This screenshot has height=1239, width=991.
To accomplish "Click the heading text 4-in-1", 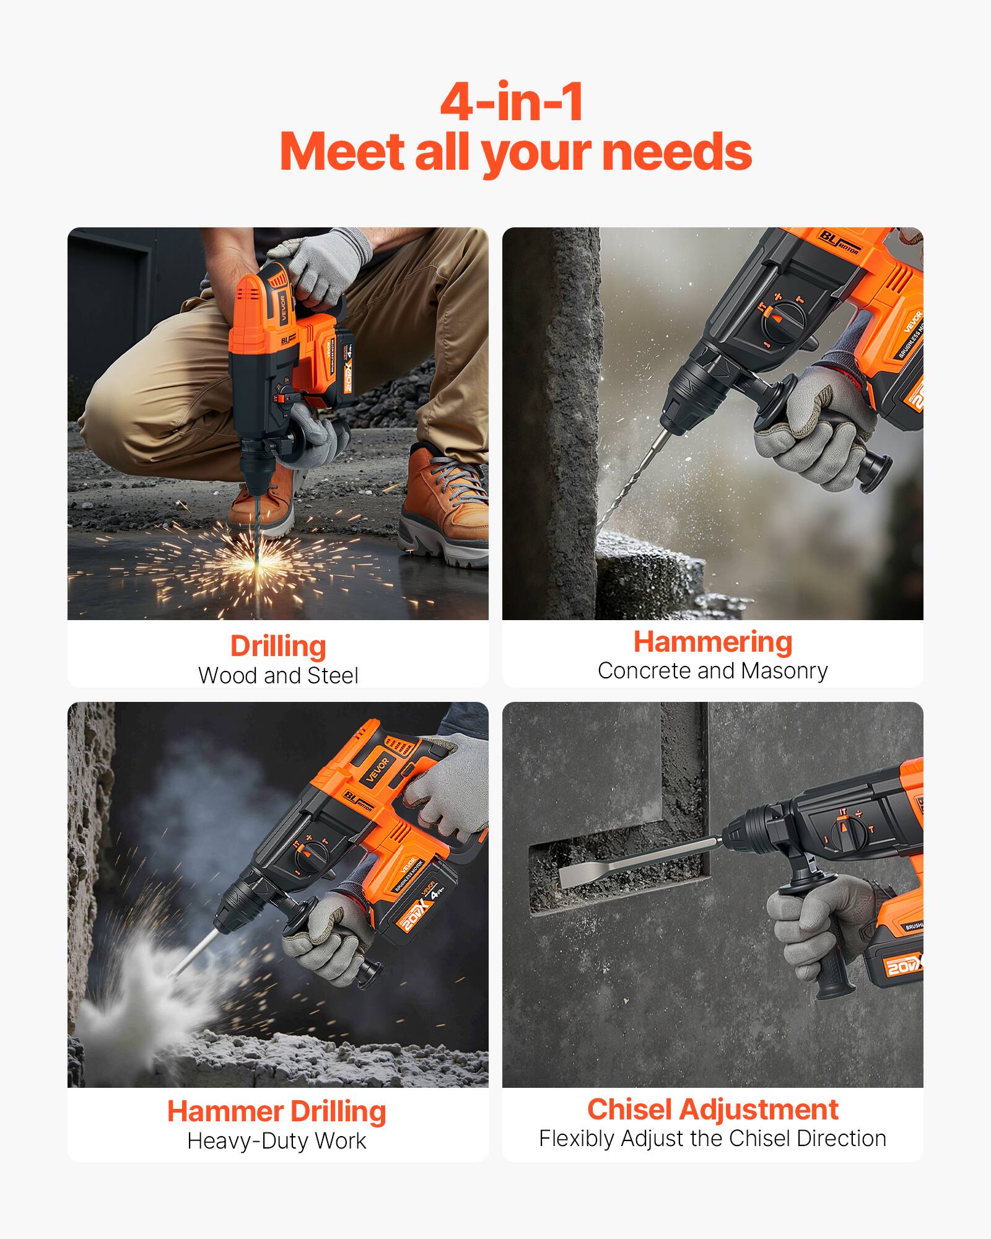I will (512, 102).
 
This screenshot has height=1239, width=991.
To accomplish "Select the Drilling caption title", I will (278, 646).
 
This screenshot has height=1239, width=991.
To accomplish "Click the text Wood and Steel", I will (278, 675).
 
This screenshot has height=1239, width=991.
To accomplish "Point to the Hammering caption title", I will (712, 642).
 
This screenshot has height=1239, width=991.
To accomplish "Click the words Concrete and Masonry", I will (712, 671).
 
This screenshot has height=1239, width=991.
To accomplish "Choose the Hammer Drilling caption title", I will (277, 1111).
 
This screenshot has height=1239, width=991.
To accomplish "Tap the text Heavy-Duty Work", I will (277, 1141).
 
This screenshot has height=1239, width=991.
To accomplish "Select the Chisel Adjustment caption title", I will (712, 1110).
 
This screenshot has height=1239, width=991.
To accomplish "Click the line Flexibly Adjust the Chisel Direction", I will (712, 1139).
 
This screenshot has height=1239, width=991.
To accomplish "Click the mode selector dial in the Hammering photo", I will (782, 320).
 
